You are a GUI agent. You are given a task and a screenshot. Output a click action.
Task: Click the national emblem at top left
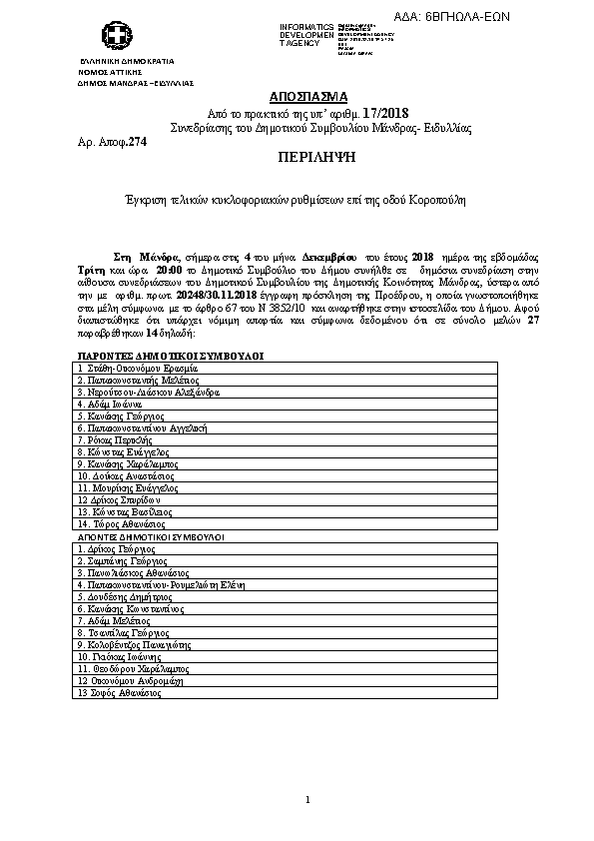(x=120, y=38)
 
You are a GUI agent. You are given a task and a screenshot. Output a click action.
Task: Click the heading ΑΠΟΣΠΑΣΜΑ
(x=309, y=97)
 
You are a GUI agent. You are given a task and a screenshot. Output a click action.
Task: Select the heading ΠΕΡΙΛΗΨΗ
(x=308, y=159)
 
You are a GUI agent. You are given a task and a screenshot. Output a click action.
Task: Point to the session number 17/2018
(x=394, y=114)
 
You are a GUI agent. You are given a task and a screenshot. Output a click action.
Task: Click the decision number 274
(x=137, y=144)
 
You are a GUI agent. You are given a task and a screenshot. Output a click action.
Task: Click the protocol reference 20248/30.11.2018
(x=216, y=297)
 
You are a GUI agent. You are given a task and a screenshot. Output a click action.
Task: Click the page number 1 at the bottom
(x=308, y=799)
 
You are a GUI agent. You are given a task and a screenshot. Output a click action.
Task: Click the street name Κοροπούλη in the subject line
(x=436, y=200)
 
